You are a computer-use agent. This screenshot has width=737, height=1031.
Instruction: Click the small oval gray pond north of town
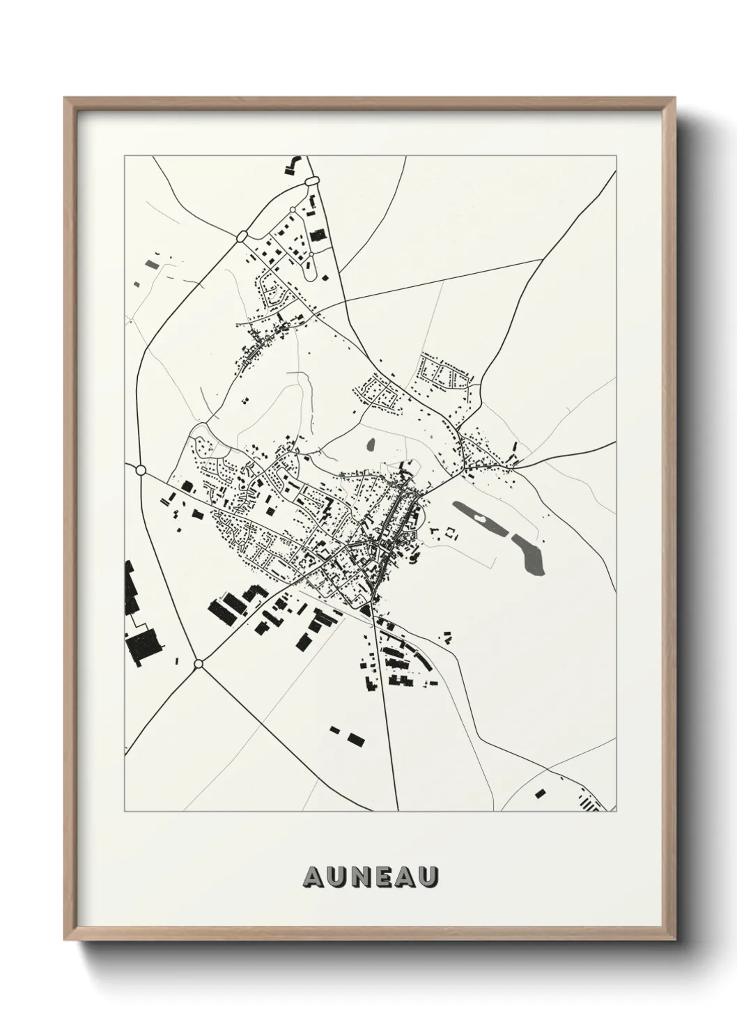click(x=371, y=444)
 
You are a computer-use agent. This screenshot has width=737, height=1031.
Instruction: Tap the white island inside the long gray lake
click(x=480, y=519)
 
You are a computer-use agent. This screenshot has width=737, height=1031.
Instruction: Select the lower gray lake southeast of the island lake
click(x=530, y=555)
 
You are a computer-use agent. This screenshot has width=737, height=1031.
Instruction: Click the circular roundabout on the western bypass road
click(x=141, y=470)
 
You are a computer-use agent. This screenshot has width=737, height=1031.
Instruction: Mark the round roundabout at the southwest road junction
click(x=199, y=664)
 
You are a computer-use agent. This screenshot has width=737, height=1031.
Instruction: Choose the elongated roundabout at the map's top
click(x=311, y=182)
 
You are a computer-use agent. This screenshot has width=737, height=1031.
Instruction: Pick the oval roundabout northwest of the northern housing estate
click(x=242, y=237)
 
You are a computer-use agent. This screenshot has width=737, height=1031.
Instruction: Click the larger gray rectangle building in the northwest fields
click(x=150, y=264)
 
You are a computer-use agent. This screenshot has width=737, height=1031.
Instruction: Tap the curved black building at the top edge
click(x=291, y=164)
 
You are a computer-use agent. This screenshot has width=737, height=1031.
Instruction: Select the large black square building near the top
click(x=318, y=235)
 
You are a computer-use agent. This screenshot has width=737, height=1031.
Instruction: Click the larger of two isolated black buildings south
click(x=356, y=738)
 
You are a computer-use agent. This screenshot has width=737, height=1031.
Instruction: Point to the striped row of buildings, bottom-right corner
click(x=589, y=805)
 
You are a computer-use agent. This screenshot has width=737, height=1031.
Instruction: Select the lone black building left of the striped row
click(x=540, y=791)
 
